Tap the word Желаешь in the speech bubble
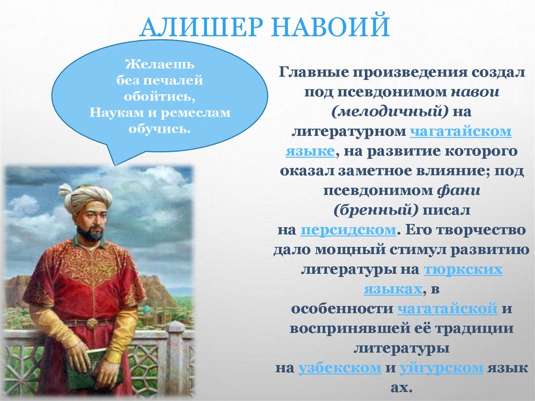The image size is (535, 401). [x=160, y=65]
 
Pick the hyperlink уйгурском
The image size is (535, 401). [x=441, y=368]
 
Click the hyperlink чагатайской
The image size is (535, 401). [x=447, y=308]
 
